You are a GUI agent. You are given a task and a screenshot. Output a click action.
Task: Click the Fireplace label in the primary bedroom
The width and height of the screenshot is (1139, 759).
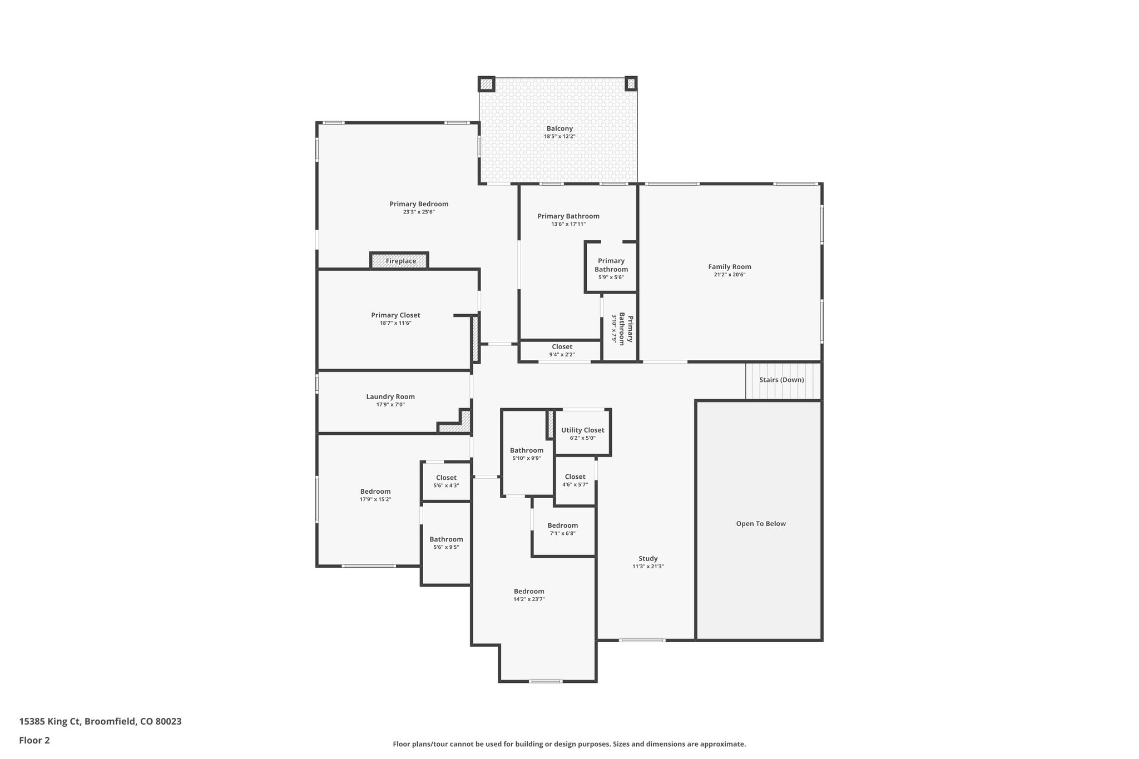[x=400, y=261]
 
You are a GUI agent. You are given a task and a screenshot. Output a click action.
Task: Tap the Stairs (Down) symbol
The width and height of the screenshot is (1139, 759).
[x=781, y=380]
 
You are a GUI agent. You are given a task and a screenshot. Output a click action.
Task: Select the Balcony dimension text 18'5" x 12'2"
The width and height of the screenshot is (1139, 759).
[x=559, y=136]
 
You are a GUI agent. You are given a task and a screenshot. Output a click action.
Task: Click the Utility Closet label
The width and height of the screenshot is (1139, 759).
[x=582, y=430]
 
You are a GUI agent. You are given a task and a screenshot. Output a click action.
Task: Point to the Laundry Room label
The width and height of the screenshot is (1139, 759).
[x=390, y=396]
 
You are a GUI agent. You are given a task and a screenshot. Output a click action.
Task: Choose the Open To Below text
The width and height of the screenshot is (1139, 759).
[x=760, y=524]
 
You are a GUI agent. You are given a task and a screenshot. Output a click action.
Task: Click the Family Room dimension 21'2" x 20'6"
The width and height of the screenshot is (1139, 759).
[x=729, y=275]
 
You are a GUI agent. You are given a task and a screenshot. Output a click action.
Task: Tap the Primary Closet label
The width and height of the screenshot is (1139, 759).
[x=395, y=315]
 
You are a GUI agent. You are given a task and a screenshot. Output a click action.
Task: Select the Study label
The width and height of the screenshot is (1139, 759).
[x=648, y=558]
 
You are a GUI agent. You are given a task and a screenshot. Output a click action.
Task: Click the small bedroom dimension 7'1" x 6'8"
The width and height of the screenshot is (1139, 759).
[x=562, y=533]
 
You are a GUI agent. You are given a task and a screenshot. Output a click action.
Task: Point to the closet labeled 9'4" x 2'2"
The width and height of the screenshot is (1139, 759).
[x=562, y=350]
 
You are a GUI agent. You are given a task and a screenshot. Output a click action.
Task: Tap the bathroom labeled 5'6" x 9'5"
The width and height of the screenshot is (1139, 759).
[x=446, y=543]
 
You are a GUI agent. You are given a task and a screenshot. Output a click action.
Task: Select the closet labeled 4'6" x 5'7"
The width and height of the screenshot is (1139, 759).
[x=575, y=480]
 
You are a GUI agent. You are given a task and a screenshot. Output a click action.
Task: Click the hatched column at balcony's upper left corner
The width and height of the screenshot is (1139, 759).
[x=486, y=84]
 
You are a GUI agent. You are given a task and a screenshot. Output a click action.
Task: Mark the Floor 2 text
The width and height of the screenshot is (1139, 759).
[x=34, y=740]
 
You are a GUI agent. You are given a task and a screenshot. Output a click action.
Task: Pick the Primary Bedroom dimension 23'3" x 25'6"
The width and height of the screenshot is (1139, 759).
[x=418, y=212]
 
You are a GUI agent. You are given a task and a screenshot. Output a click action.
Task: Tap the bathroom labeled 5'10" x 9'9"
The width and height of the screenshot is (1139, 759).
[x=526, y=454]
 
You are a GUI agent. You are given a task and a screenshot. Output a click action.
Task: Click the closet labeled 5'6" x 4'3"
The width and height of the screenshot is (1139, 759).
[x=446, y=482]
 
